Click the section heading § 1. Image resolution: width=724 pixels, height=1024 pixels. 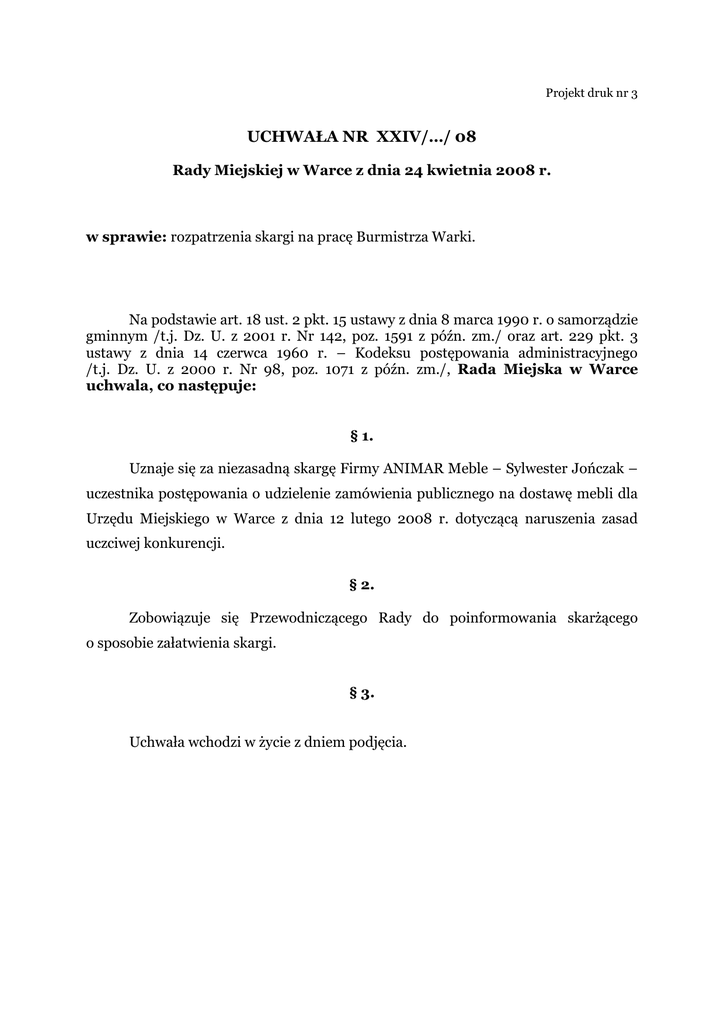click(362, 436)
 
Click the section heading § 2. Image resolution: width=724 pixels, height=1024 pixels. click(362, 584)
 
